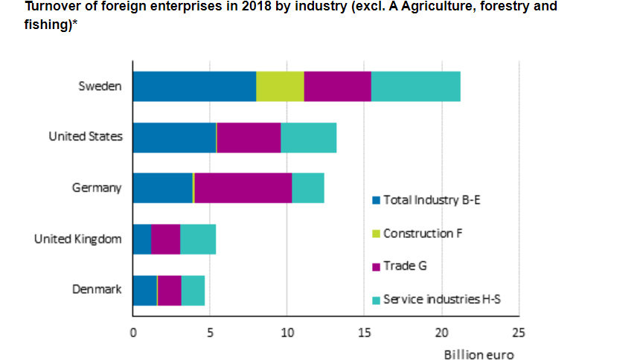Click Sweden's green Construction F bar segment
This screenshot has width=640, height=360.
(280, 86)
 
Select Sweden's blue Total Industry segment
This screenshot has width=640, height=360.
(194, 86)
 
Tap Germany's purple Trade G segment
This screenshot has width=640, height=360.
(243, 187)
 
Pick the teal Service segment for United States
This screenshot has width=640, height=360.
(308, 137)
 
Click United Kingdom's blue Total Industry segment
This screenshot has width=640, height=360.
(141, 239)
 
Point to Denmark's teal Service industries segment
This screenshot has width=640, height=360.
(193, 290)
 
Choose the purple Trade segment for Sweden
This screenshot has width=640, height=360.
(337, 86)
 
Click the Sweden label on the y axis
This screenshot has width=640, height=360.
(100, 86)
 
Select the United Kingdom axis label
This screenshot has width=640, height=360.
(77, 239)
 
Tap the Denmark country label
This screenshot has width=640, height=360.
(95, 289)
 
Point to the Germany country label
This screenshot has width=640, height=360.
(96, 187)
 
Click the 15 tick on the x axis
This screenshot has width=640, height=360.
(364, 332)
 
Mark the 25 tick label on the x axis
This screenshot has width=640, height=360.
(519, 332)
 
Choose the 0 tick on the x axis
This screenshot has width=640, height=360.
(133, 332)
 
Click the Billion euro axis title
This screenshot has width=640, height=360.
(479, 355)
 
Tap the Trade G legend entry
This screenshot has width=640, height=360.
(406, 266)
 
